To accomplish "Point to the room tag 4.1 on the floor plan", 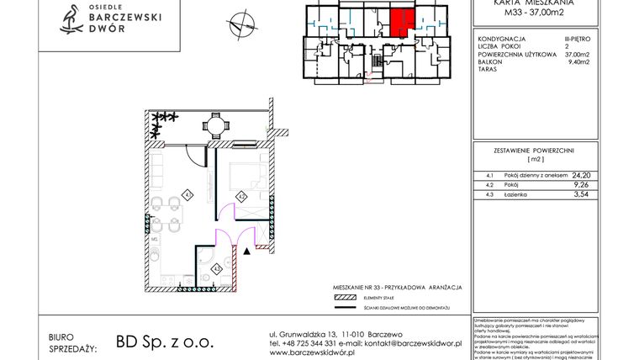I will (188, 195).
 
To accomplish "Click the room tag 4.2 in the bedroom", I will (240, 198).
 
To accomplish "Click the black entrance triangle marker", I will (246, 250).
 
